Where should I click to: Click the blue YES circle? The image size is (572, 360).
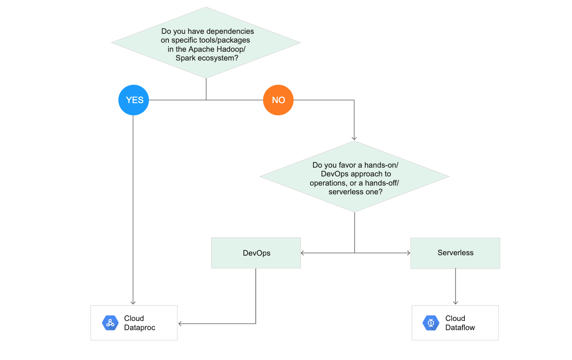point(134,100)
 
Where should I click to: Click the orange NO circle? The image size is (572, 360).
point(278,100)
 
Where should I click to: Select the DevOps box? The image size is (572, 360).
point(256,253)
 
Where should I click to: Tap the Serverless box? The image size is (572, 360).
point(455,253)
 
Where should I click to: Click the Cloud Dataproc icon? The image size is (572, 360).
point(110,323)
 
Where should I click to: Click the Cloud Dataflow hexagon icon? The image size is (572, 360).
point(431,323)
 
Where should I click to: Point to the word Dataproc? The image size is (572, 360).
point(139,328)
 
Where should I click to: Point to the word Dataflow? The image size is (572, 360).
point(460,328)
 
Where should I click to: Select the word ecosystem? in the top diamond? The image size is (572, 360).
point(218,58)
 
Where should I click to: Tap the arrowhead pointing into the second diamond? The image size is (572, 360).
point(354,138)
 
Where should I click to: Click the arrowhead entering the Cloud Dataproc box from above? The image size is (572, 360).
point(133,303)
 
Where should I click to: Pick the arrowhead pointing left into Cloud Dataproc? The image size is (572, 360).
point(180,324)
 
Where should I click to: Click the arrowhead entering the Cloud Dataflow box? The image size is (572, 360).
point(455,303)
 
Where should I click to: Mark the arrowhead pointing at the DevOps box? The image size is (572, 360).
point(303,253)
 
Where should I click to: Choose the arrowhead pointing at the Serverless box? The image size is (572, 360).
point(408,253)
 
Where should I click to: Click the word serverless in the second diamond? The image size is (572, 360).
point(345,192)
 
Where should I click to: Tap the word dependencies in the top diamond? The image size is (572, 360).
point(230,31)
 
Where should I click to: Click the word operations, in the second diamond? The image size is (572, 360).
point(328,183)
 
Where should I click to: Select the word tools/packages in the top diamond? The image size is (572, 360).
point(225,40)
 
